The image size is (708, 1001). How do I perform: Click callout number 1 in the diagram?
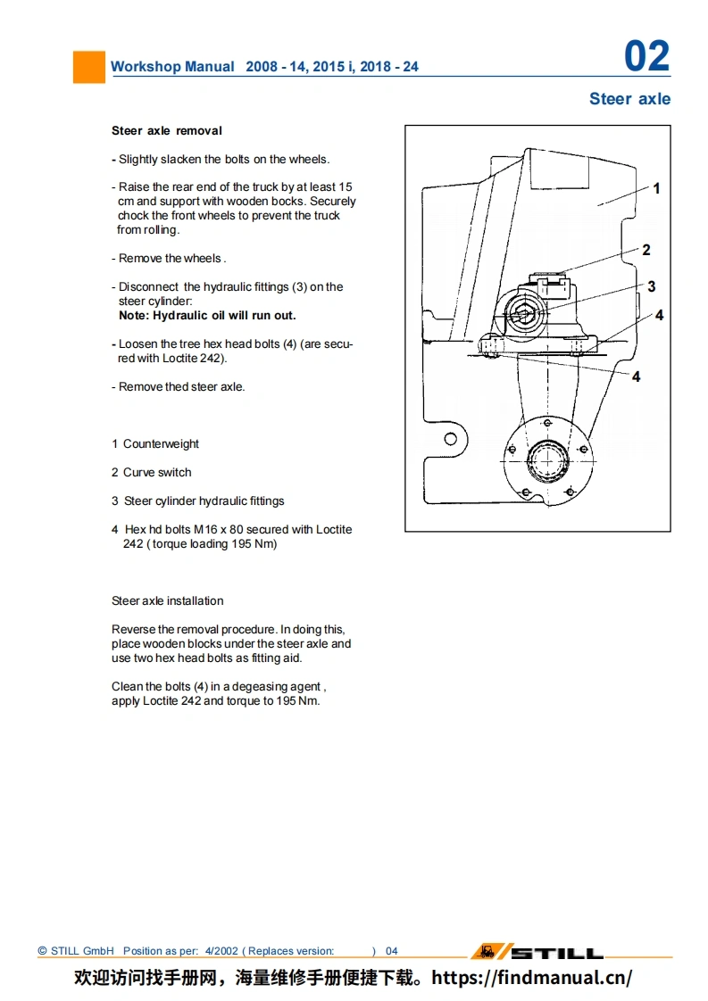point(656,188)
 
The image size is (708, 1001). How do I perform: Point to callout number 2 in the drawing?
point(646,250)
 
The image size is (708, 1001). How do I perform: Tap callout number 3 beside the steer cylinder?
point(652,286)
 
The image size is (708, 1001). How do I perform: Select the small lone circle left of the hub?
point(451,439)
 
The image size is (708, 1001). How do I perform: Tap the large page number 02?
point(646,57)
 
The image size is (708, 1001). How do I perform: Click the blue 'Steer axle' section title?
point(629,99)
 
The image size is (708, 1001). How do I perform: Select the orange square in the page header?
point(88,67)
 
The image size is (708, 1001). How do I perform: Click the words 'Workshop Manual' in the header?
point(172,67)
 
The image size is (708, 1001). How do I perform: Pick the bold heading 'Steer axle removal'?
point(167,130)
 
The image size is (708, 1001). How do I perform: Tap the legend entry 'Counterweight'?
point(161,444)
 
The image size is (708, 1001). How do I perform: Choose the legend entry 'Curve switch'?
point(157,473)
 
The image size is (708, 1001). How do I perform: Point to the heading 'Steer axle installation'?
point(167,601)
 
